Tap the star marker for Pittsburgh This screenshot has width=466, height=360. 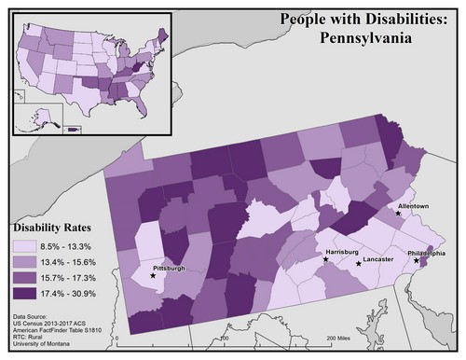click(x=153, y=276)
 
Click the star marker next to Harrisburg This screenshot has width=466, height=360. click(x=325, y=261)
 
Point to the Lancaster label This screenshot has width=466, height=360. click(x=377, y=257)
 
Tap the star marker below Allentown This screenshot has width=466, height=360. click(x=399, y=214)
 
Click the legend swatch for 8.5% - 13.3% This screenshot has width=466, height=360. click(x=25, y=246)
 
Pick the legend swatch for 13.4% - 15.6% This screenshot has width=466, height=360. click(x=25, y=262)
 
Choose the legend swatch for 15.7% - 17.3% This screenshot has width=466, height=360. click(x=25, y=278)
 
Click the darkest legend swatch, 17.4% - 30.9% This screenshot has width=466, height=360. click(x=25, y=294)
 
